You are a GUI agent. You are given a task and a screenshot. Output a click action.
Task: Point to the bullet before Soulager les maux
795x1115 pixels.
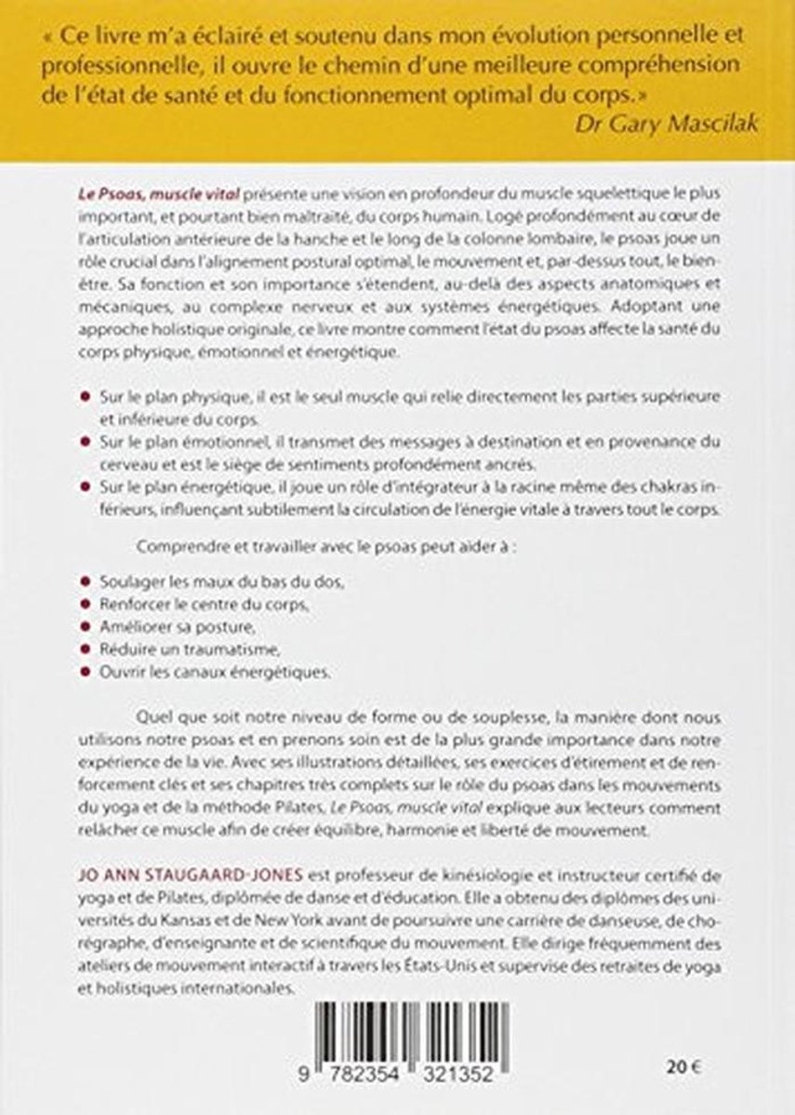pyautogui.click(x=86, y=581)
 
